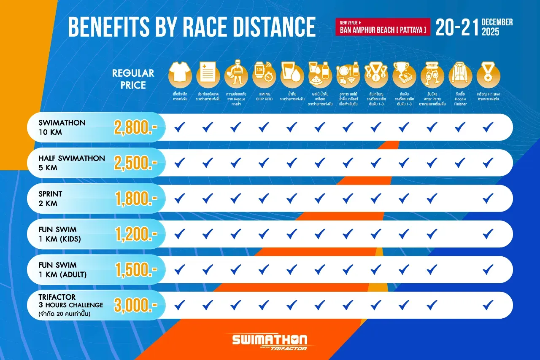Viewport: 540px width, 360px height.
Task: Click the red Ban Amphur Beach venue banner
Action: (x=383, y=27)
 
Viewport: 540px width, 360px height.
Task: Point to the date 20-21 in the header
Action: (x=457, y=27)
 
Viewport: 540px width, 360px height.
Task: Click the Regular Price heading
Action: (x=133, y=79)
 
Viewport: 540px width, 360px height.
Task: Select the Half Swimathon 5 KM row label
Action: (x=71, y=163)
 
